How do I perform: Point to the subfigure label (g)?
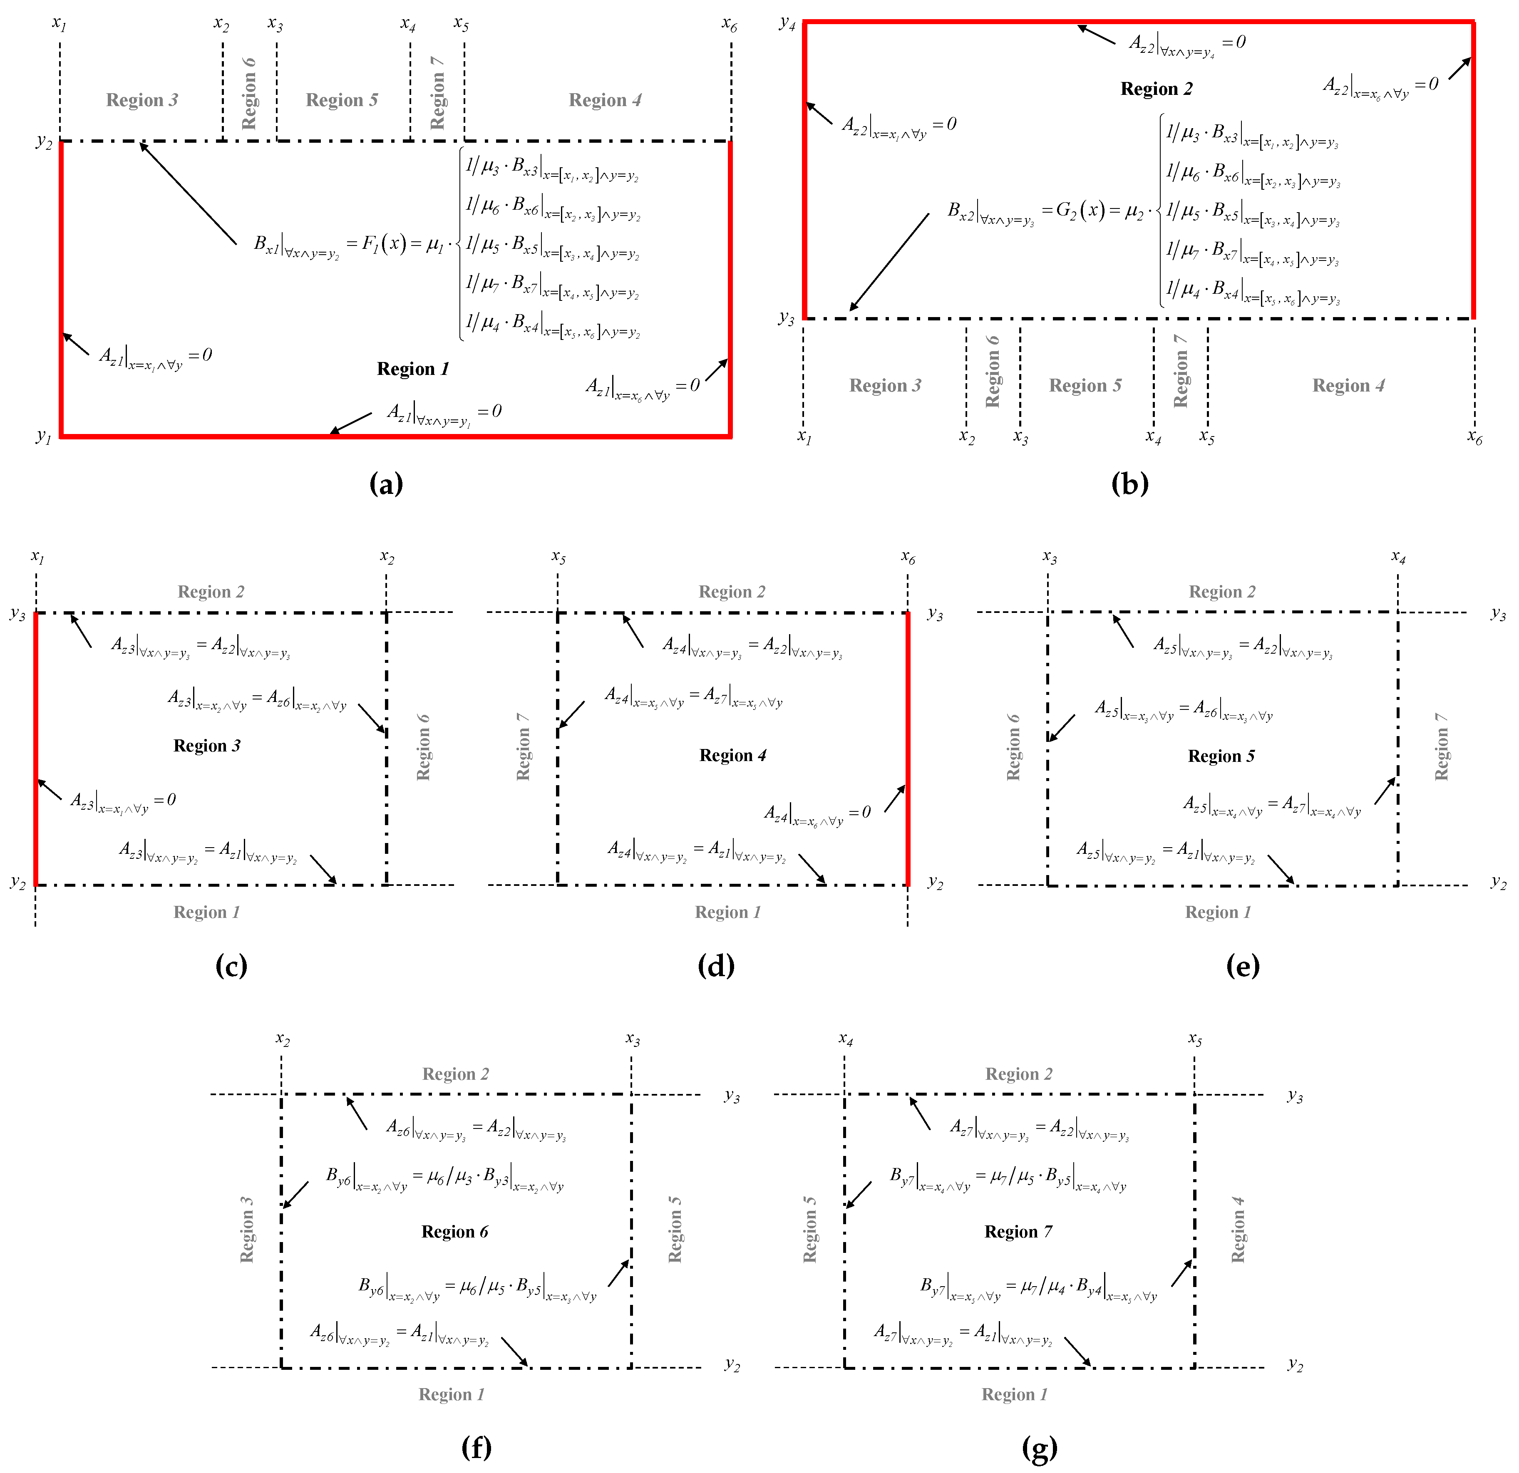1039,1448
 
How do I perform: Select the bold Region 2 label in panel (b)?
1156,89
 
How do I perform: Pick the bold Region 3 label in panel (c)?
207,745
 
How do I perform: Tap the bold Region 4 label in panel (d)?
732,756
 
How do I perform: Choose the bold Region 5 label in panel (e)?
1221,756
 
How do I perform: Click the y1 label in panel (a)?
43,436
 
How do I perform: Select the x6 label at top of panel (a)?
729,25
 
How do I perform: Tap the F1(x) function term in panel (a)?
385,243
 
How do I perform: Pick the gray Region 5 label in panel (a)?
342,100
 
